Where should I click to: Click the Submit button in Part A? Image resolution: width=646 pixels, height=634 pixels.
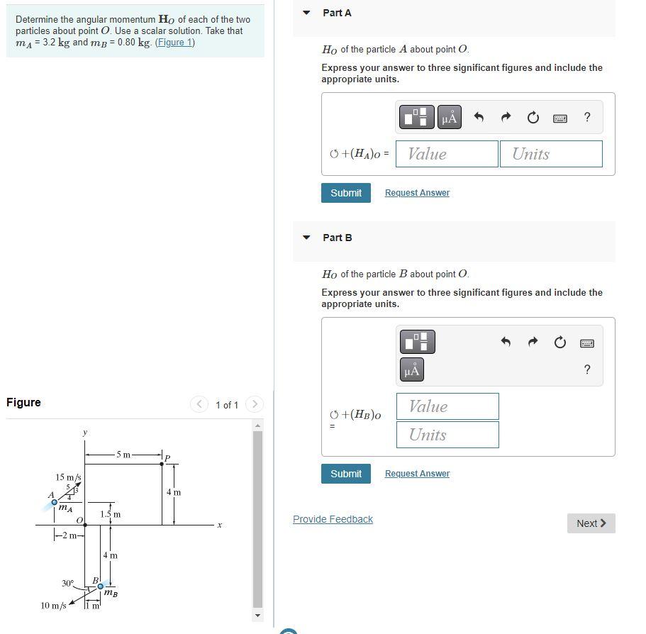(x=345, y=193)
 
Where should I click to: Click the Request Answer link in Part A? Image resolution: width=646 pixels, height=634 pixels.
(x=417, y=193)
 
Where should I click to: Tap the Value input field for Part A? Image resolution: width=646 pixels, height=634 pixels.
(x=447, y=154)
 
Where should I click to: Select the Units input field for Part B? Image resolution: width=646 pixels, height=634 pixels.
(x=447, y=435)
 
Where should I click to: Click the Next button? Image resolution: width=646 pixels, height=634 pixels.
(x=591, y=523)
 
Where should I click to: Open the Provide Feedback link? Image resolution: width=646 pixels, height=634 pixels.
(x=333, y=519)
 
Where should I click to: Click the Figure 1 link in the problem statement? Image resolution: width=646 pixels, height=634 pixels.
(x=174, y=43)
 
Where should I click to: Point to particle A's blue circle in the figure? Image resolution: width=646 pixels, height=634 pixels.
(x=54, y=502)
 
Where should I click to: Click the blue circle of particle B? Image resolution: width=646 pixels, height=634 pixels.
(x=101, y=586)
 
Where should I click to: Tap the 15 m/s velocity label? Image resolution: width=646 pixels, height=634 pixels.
(x=68, y=477)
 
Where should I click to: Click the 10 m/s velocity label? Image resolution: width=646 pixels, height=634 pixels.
(x=53, y=606)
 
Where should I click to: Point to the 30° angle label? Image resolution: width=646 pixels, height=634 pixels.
(x=67, y=583)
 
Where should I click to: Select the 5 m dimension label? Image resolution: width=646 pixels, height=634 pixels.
(x=123, y=455)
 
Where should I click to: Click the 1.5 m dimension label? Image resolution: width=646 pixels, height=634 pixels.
(x=111, y=514)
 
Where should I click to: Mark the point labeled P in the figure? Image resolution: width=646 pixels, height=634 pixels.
(x=162, y=464)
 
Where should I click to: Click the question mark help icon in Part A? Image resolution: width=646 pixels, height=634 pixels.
(x=586, y=118)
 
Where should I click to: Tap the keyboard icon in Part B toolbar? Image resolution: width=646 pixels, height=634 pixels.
(x=586, y=343)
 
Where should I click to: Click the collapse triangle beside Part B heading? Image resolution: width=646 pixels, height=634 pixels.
(x=306, y=238)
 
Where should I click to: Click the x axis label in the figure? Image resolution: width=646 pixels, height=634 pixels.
(x=220, y=525)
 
